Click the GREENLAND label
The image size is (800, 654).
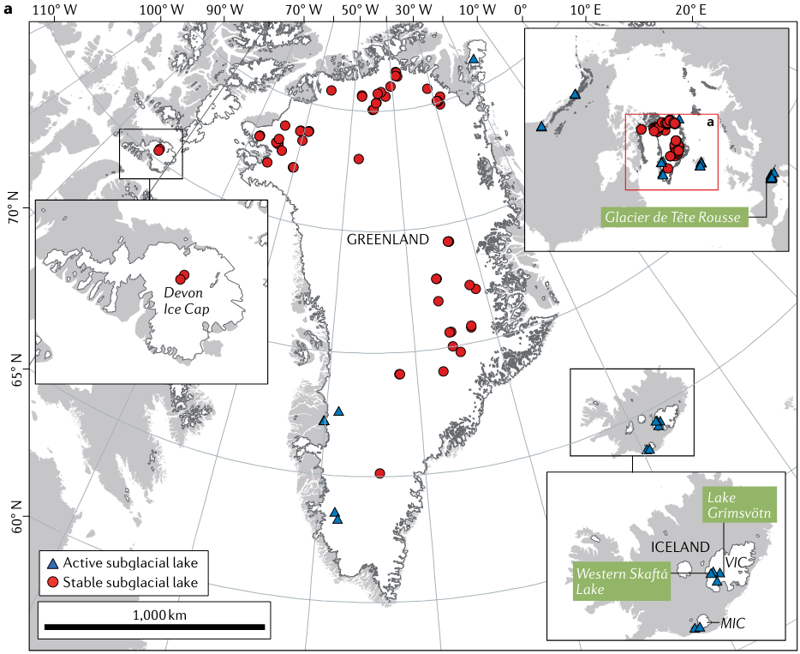click(x=387, y=240)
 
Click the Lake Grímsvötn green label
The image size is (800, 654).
click(x=740, y=505)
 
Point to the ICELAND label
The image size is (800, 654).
click(x=681, y=547)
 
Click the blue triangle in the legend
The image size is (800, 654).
click(x=52, y=564)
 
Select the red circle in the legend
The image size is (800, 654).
click(x=52, y=583)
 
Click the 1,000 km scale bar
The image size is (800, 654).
click(x=154, y=627)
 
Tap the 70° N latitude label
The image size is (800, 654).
click(x=15, y=213)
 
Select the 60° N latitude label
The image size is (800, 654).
click(x=15, y=522)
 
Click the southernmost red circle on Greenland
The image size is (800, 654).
click(x=379, y=473)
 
